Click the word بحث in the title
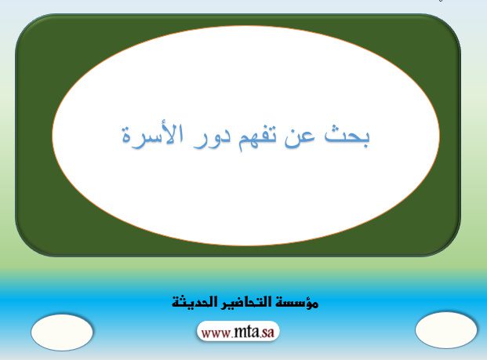(347, 137)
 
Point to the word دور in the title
(212, 140)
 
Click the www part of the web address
(216, 333)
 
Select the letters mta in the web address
(246, 332)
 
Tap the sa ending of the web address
(268, 333)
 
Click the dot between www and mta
(232, 337)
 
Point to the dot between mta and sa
(260, 337)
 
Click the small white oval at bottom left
(62, 333)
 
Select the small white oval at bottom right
(446, 330)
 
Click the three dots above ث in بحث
(335, 129)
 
